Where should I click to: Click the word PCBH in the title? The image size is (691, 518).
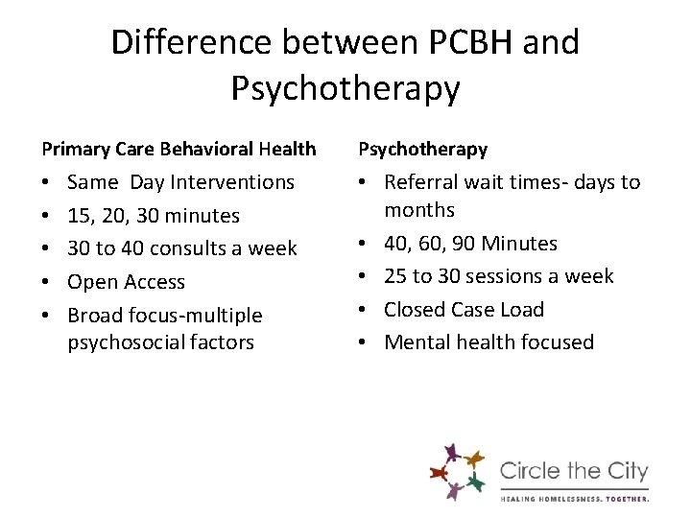coord(458,42)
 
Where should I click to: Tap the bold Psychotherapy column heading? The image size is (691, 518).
coord(422,149)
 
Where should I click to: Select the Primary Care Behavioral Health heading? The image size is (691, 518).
coord(179,149)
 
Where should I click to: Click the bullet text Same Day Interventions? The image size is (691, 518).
coord(181,181)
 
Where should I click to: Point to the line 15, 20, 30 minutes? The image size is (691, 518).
coord(154,215)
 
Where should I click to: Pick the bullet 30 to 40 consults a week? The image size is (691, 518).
coord(182,248)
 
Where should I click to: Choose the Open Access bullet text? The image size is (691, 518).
coord(127,282)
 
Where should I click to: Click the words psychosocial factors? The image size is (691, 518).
coord(161,342)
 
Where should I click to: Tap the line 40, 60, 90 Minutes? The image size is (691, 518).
coord(470,244)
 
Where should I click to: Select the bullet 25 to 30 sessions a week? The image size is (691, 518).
coord(499,276)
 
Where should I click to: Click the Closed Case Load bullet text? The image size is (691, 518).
coord(465,310)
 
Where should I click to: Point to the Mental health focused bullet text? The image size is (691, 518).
coord(489,342)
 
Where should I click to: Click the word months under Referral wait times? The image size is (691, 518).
coord(419,210)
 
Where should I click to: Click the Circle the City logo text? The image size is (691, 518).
coord(574,472)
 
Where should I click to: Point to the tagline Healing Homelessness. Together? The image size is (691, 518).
coord(574,498)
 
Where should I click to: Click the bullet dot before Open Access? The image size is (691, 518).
coord(47,283)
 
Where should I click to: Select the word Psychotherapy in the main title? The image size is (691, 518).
coord(345,88)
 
